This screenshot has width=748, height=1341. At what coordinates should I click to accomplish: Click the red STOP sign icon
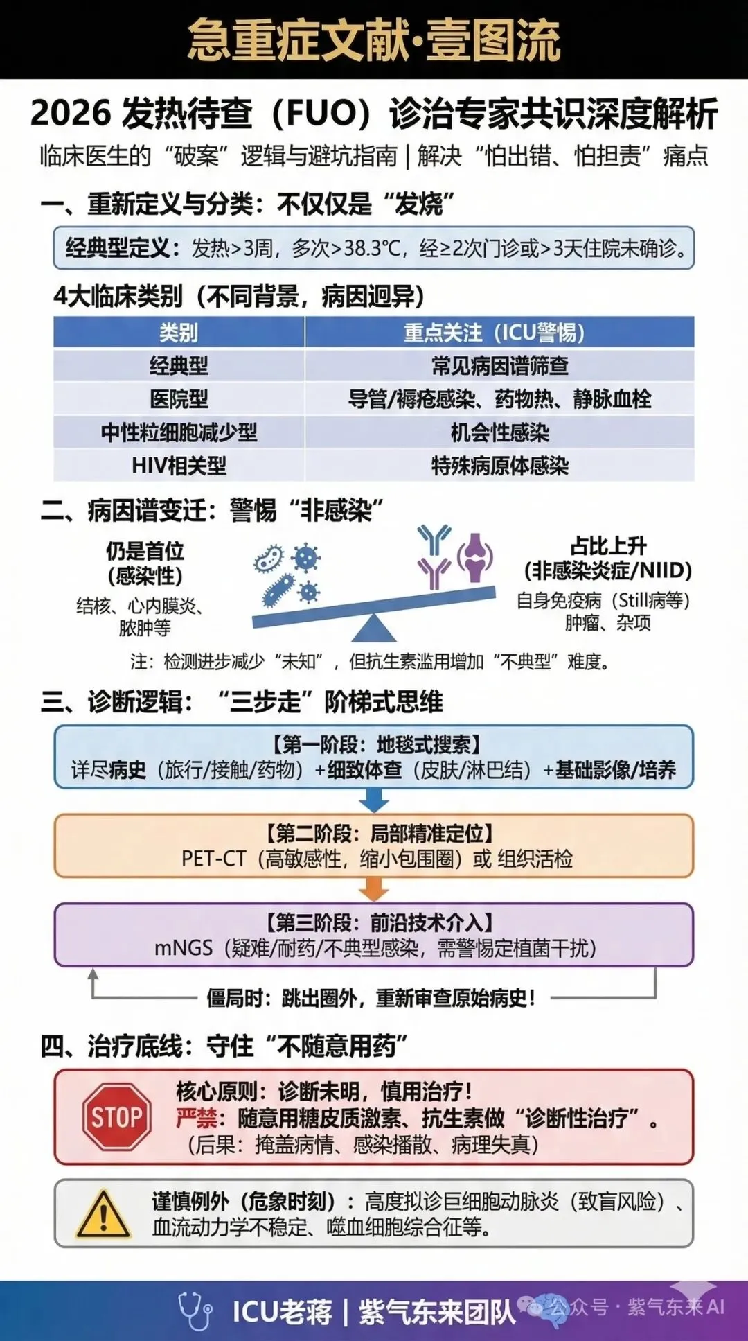tap(116, 1116)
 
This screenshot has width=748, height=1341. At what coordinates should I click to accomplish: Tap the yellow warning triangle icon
tap(103, 1215)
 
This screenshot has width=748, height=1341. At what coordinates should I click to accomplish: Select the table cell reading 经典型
tap(179, 365)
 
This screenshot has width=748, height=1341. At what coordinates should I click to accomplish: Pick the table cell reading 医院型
tap(179, 398)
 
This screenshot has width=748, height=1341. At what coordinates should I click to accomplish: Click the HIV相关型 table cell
tap(179, 465)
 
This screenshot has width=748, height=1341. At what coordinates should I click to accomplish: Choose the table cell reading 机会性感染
tap(499, 432)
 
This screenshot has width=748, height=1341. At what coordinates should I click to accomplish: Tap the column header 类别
tap(179, 333)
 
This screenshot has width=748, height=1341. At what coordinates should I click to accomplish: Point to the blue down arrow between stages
tap(374, 801)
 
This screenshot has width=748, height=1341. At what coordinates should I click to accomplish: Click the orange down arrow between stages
tap(374, 889)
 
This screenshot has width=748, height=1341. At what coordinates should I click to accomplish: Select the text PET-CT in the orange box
tap(213, 859)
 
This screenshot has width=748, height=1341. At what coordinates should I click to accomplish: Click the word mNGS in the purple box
tap(183, 947)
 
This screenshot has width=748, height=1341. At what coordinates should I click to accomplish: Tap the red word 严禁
tap(196, 1117)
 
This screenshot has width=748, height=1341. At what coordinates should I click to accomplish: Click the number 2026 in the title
tap(71, 114)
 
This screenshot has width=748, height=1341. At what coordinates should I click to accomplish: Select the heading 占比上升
tap(607, 546)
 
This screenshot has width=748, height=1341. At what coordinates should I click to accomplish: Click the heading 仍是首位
tap(145, 551)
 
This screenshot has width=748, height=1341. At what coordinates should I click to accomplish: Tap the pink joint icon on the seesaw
tap(475, 556)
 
